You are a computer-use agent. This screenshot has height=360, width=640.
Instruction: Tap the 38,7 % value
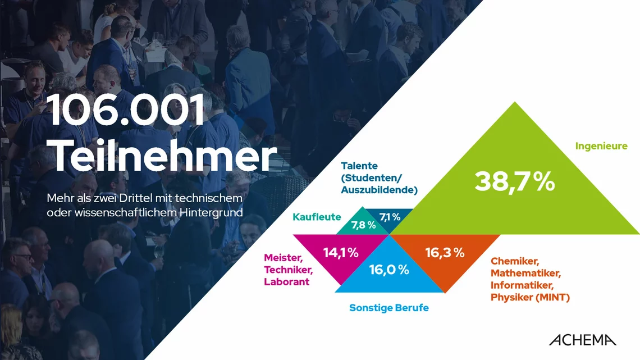point(514,182)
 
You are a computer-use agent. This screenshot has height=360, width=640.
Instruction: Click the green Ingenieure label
point(601,146)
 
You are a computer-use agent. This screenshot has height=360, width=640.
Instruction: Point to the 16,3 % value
point(445,253)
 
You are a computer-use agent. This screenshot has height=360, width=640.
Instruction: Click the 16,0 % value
point(388,270)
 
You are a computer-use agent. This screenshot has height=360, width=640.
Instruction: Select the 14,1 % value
point(341,253)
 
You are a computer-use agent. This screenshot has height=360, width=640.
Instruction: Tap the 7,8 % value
point(363,225)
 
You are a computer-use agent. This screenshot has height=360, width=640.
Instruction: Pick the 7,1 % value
point(390,216)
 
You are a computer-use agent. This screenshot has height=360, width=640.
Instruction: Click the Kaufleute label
point(317,216)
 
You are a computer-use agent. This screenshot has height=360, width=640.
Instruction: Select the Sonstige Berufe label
point(388,308)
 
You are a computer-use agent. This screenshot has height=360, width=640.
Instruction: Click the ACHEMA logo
point(582,340)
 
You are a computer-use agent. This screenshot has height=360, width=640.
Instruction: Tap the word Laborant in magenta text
point(286,281)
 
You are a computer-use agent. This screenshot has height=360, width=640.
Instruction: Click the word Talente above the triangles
point(359,166)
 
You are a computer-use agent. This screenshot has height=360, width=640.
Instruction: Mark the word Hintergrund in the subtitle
point(212,213)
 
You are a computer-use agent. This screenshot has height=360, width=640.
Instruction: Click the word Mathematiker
point(525,273)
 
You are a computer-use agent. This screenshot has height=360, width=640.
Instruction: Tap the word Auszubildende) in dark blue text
point(379,190)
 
